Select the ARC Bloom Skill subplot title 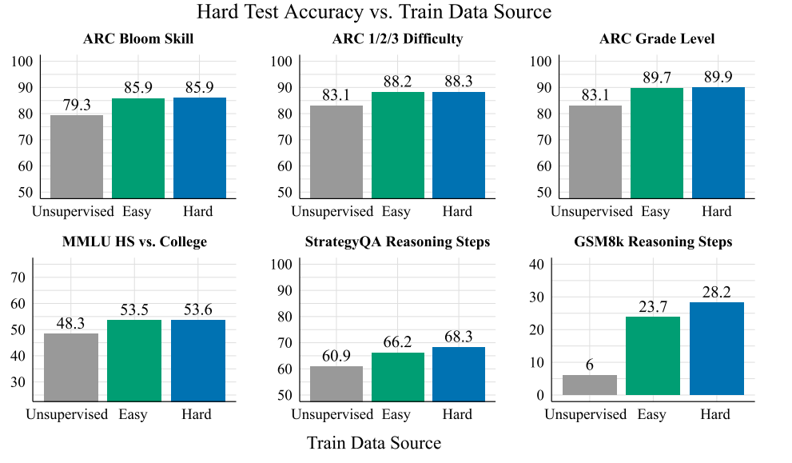[138, 39]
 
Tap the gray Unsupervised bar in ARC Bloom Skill [77, 157]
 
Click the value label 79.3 [77, 105]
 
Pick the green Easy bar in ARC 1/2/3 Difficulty [398, 145]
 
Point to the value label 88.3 [459, 82]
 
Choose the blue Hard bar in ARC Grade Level [718, 142]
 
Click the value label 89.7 [657, 78]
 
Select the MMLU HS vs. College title [134, 241]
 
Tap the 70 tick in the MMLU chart [18, 277]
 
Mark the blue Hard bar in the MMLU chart [198, 361]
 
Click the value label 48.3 [70, 324]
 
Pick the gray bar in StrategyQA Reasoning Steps [336, 384]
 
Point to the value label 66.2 [397, 342]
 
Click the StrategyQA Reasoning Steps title [397, 241]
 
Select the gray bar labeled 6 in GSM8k [590, 385]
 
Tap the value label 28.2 [717, 292]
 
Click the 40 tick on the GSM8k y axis [537, 265]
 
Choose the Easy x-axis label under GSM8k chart [651, 415]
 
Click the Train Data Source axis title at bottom [374, 443]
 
